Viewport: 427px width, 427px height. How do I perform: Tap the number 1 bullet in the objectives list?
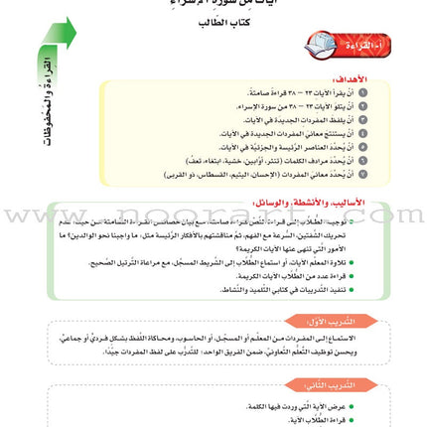(x=364, y=91)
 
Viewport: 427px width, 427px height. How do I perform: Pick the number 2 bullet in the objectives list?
(x=364, y=105)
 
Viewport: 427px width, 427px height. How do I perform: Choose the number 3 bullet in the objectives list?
(x=364, y=119)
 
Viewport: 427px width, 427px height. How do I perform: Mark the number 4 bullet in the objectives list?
(x=364, y=132)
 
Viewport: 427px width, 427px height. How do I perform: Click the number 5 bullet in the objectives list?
(x=364, y=146)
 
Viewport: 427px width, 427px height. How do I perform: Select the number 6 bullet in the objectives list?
(x=364, y=159)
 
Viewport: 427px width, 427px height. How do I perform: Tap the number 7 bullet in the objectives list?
(x=364, y=173)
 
